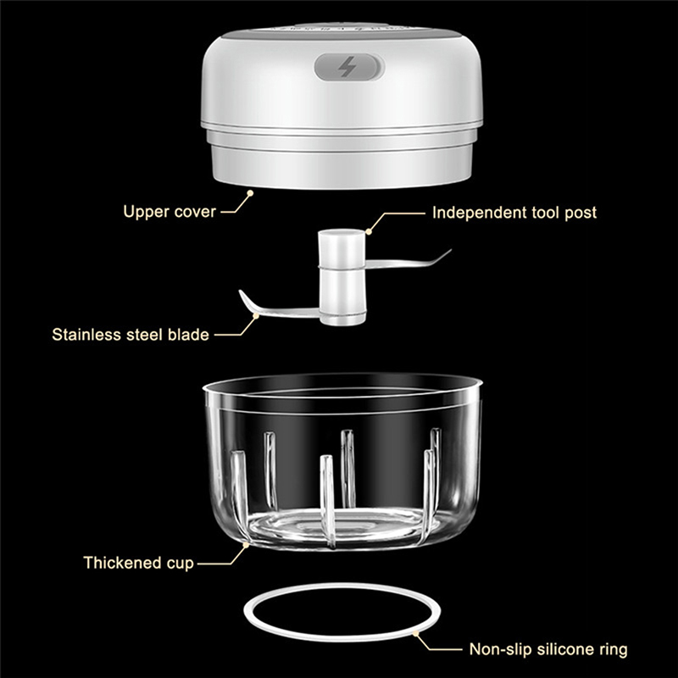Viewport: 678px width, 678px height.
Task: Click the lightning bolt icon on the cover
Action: point(347,67)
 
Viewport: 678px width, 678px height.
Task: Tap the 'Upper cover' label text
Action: point(169,211)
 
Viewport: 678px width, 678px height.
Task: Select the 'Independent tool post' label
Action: point(514,213)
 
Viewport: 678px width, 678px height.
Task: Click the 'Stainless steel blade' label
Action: point(131,334)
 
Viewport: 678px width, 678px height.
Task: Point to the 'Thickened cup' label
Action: point(138,563)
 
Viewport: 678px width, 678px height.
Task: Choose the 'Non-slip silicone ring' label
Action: point(548,649)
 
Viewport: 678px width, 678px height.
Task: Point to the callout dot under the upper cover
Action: point(249,193)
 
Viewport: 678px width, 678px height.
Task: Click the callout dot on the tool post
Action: point(369,231)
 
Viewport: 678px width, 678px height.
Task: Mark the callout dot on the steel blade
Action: point(256,316)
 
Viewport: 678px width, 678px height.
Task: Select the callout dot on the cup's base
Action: point(246,545)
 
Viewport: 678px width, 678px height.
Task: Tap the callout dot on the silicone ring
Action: point(416,633)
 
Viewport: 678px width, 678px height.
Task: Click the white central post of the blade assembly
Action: point(342,278)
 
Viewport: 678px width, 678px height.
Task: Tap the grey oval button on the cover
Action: point(349,67)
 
